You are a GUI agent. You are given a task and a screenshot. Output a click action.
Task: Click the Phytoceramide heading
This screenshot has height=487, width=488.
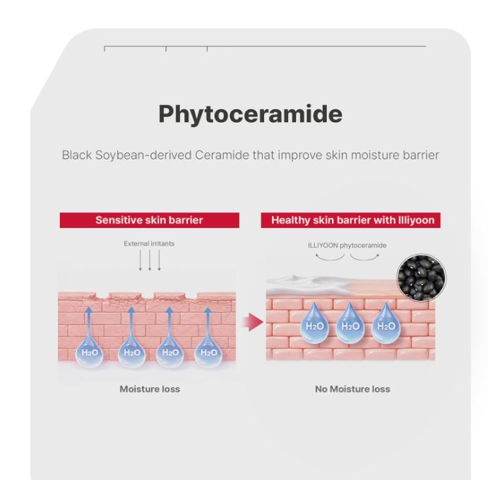pos(250,114)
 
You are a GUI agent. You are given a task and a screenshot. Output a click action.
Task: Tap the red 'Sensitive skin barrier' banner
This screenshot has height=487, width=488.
pos(150,220)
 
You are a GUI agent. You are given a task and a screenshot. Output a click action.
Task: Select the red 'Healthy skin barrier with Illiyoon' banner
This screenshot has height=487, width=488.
pos(350,220)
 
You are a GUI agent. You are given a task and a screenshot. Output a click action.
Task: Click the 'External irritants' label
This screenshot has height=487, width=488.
pos(149,243)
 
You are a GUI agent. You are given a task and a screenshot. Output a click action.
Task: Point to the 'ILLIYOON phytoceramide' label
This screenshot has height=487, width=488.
pos(347,246)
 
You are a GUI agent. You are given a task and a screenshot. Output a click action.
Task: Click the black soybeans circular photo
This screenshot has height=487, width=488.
pos(421,277)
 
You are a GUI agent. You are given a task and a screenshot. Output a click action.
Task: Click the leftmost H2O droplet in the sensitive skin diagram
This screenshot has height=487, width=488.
pos(89,351)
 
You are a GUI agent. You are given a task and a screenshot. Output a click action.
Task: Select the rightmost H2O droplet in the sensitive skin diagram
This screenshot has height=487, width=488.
pos(208,351)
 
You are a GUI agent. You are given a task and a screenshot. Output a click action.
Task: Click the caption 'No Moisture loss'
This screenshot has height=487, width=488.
pos(352,389)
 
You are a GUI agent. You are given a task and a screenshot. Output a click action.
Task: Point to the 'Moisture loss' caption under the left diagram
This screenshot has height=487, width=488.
pos(150,389)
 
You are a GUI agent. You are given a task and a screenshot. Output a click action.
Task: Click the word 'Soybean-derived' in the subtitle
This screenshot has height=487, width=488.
pos(143,155)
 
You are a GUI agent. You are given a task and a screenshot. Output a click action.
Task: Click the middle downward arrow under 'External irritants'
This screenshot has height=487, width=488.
pos(150,260)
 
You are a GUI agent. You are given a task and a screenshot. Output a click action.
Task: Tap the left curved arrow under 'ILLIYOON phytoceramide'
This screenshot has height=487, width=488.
pos(330,257)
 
